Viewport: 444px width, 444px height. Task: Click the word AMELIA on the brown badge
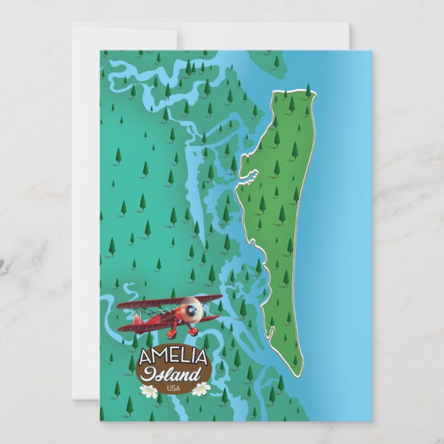coord(172,358)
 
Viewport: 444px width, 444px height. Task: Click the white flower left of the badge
coord(148,391)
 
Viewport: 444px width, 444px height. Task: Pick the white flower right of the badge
coord(201,389)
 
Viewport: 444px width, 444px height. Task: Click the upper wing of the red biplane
coord(169,302)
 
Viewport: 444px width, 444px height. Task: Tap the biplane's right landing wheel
coord(194,332)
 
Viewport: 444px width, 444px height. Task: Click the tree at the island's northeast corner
coord(307,90)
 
